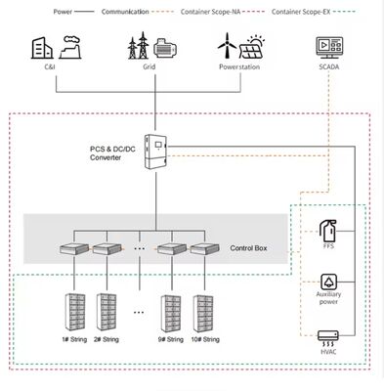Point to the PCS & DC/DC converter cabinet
[x=157, y=152]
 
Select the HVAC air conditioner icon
[x=329, y=339]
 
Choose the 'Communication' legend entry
[x=126, y=12]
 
